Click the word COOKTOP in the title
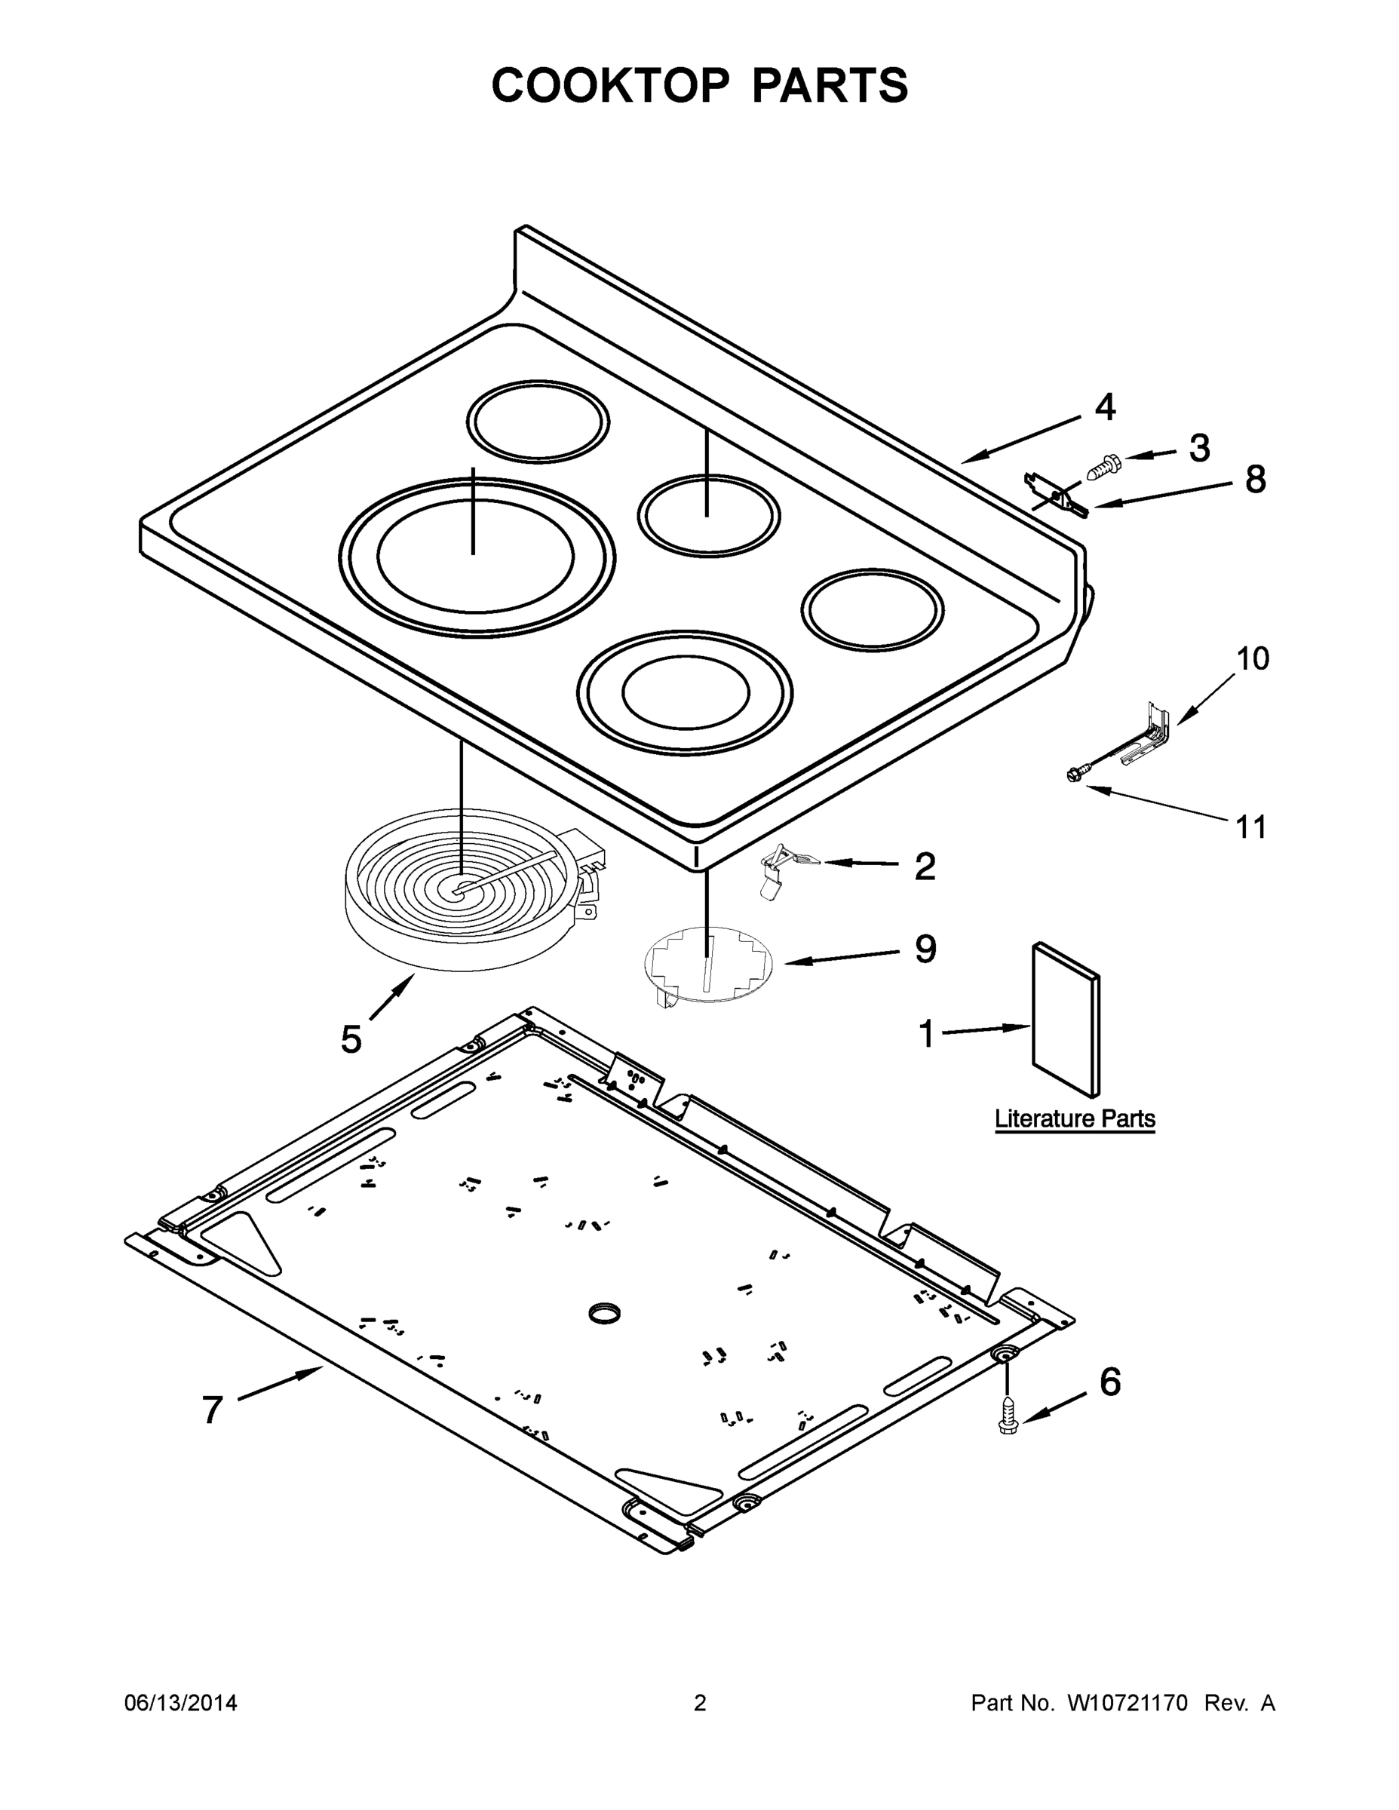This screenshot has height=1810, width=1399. (x=611, y=85)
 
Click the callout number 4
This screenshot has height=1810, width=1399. (x=1105, y=407)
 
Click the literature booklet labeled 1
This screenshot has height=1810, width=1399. (x=1065, y=1019)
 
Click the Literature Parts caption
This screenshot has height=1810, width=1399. (x=1074, y=1119)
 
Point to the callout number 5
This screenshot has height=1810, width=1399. (x=351, y=1038)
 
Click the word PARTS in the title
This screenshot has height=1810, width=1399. (x=829, y=85)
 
